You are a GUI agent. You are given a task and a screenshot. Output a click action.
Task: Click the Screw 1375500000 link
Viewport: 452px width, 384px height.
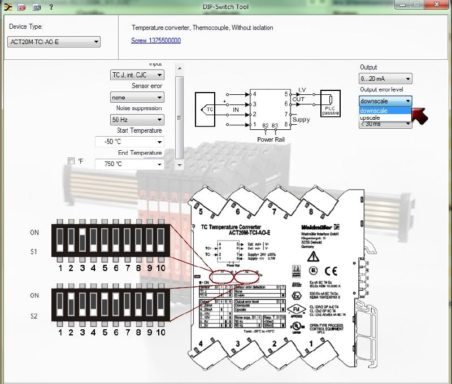156,41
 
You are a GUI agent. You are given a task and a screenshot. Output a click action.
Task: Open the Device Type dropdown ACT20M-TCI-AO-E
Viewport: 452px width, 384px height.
55,42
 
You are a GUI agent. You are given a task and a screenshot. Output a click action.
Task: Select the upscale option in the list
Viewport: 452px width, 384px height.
370,117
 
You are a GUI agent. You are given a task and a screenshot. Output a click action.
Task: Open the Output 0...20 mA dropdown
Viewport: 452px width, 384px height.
385,79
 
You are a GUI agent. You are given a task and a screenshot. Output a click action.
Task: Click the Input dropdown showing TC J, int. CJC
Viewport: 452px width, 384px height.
137,75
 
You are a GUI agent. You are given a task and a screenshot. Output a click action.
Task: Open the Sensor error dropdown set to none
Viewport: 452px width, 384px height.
137,98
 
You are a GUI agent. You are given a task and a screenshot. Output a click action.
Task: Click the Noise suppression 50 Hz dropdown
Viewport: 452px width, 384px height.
137,120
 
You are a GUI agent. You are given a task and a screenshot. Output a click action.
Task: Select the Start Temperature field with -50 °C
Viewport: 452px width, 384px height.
129,142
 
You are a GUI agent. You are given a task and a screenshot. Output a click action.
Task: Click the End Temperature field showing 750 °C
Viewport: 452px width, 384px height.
129,164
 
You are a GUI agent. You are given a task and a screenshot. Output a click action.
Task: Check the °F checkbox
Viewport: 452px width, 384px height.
71,162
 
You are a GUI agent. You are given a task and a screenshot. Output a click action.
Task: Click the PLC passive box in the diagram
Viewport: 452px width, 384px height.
331,104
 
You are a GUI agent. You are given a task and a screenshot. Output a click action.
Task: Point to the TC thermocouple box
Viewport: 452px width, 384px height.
210,108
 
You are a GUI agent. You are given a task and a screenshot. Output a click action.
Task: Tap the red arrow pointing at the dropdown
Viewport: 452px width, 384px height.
420,114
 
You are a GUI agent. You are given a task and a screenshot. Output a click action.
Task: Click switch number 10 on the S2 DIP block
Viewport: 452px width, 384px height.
160,306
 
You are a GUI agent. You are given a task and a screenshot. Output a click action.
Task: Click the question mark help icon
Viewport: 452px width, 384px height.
51,7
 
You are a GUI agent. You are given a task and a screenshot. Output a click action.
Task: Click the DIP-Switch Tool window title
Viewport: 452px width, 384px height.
225,7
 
